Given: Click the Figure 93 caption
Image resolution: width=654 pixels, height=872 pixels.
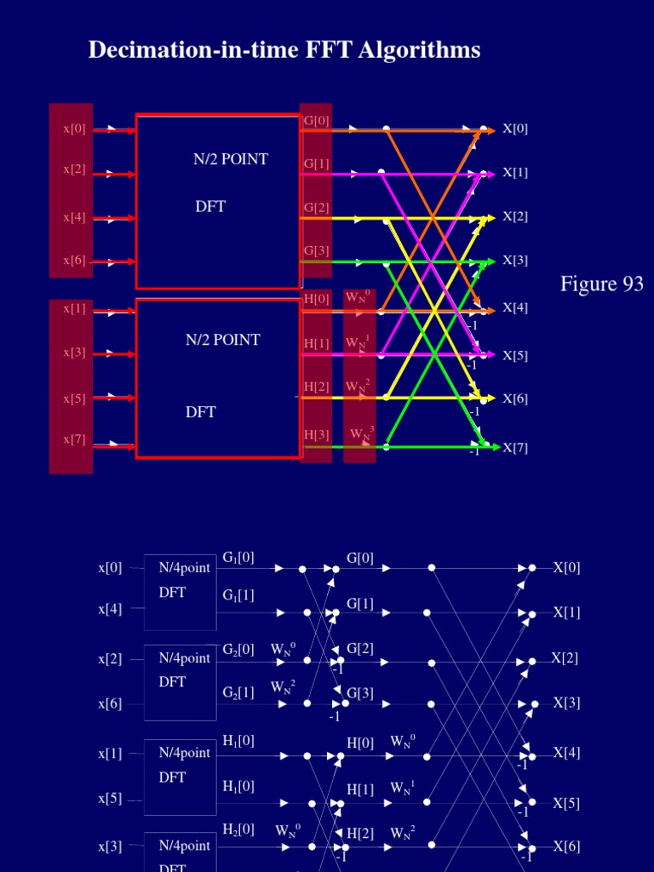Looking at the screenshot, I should tap(601, 284).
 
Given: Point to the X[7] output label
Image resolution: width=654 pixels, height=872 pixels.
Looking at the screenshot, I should tap(515, 448).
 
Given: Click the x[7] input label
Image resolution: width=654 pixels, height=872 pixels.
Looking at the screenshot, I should tap(74, 439).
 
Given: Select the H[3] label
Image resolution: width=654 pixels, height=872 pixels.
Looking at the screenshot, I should tap(317, 435).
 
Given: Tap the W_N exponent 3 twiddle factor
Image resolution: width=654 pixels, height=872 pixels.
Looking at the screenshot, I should tap(361, 434).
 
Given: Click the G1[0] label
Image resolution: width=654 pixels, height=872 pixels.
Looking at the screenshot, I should tap(238, 558).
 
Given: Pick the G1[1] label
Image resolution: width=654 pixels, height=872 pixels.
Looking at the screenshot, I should tap(238, 595).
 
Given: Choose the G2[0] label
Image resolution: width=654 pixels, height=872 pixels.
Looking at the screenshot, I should tap(238, 649).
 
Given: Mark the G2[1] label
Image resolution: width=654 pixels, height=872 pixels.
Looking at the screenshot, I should tap(238, 692).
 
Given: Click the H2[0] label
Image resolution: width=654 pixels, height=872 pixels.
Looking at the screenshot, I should tap(238, 829).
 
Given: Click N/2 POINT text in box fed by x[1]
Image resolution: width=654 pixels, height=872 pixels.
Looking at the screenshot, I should tap(223, 340).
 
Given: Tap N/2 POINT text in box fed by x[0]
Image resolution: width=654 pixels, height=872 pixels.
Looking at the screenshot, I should tap(230, 159).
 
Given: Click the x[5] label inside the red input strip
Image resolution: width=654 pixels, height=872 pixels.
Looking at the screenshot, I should tap(74, 398).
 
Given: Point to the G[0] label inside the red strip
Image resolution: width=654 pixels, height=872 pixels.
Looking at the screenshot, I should tap(316, 121).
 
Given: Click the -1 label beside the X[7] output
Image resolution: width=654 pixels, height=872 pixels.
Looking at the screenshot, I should tap(474, 450).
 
